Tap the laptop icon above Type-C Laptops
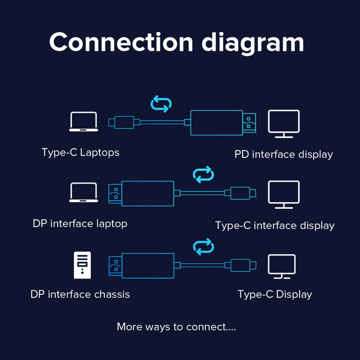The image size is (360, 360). click(84, 121)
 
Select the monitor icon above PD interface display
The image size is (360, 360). click(283, 123)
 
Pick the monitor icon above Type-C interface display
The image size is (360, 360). click(283, 194)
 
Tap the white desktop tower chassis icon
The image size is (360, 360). click(82, 265)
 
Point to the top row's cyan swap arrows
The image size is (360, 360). click(161, 103)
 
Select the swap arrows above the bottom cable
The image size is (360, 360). click(203, 246)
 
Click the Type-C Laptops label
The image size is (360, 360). click(81, 153)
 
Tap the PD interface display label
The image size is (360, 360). click(283, 155)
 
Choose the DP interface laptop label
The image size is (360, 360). click(80, 224)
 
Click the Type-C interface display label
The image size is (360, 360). click(274, 225)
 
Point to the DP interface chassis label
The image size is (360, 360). click(80, 295)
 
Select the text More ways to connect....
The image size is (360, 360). click(176, 327)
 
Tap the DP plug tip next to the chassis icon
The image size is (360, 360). click(115, 265)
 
